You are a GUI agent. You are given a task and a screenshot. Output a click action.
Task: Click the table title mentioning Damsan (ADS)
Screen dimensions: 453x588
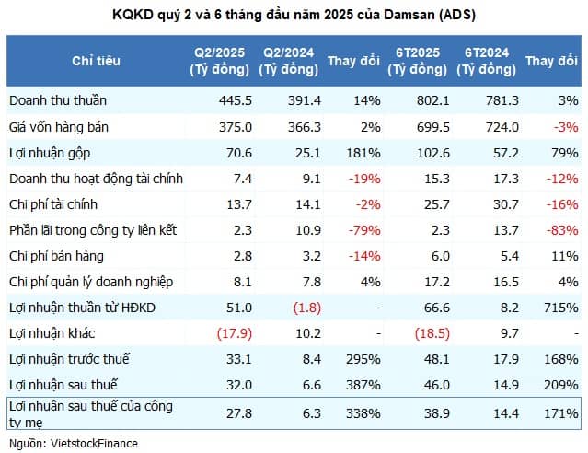[x=294, y=14]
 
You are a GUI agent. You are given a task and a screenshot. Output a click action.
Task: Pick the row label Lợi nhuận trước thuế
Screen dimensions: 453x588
[x=65, y=356]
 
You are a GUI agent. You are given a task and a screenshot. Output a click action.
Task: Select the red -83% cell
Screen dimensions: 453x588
[x=562, y=229]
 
